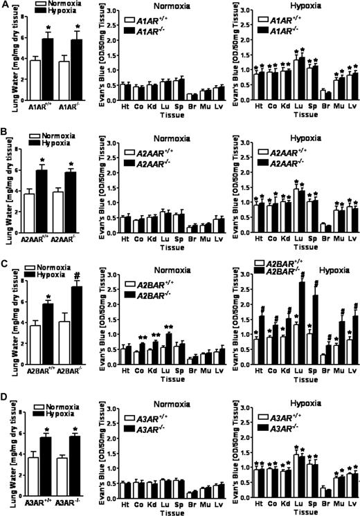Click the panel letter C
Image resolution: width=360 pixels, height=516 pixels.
coord(5,264)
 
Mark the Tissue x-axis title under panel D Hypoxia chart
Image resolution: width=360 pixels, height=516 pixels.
coord(300,511)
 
